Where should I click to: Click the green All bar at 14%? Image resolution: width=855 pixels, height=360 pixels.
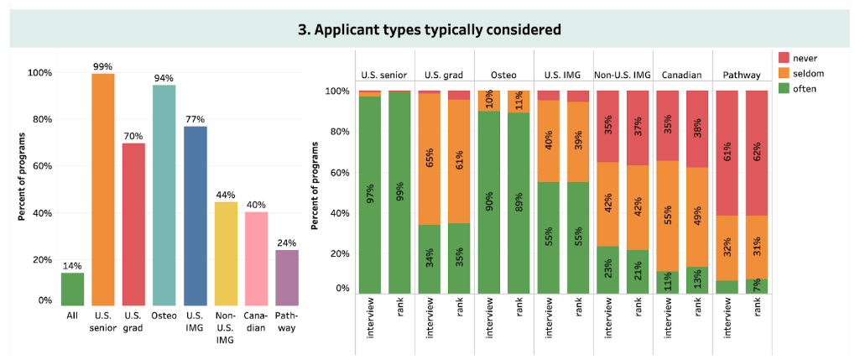click(x=72, y=289)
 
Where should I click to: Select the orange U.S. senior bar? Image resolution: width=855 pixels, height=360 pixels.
click(x=103, y=190)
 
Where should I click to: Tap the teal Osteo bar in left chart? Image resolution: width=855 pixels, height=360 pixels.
click(x=164, y=196)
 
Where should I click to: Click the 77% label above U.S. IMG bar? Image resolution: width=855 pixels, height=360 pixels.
click(x=196, y=119)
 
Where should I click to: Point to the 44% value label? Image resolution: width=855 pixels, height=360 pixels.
click(x=226, y=195)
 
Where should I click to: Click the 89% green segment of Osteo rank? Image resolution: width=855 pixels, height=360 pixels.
click(x=519, y=203)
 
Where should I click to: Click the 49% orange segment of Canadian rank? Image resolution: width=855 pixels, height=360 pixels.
click(x=697, y=217)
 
